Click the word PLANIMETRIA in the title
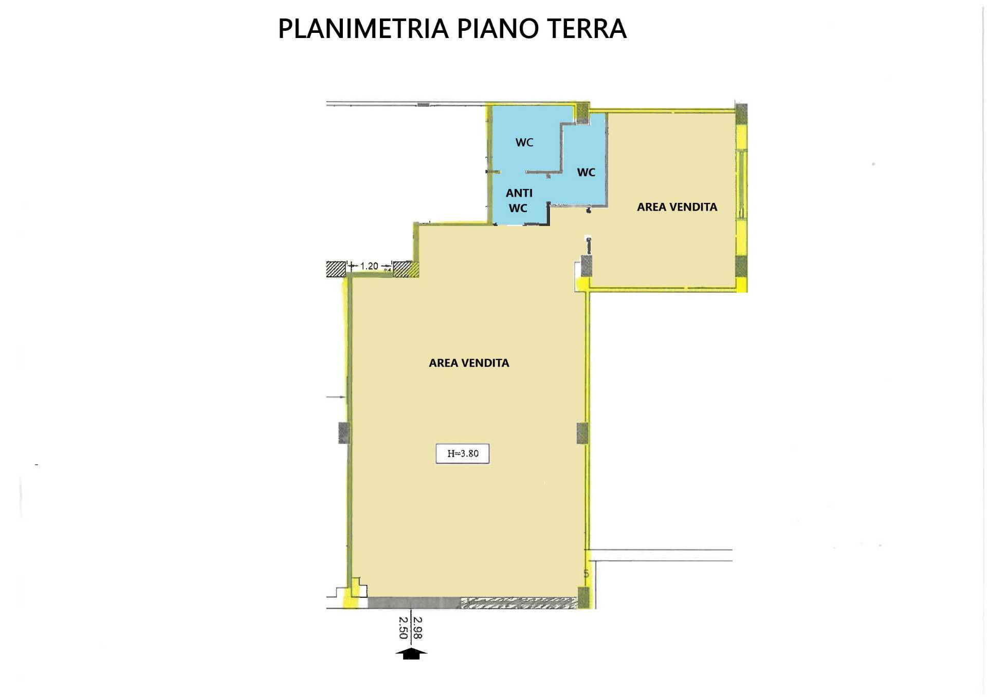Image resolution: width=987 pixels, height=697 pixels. [x=363, y=29]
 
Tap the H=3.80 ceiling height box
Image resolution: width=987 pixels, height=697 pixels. [x=463, y=454]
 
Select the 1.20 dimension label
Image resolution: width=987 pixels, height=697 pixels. [x=369, y=266]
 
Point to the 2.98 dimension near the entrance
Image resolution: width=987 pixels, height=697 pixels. [x=417, y=628]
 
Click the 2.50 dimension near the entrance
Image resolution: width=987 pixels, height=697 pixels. [x=404, y=628]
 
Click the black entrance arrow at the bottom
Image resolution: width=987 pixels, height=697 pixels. [x=411, y=653]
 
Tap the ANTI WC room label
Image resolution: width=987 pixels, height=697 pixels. [x=519, y=200]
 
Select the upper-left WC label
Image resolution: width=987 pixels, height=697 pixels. [x=524, y=142]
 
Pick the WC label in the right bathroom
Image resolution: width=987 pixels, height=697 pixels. [x=586, y=172]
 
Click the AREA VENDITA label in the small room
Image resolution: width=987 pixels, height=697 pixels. [x=677, y=206]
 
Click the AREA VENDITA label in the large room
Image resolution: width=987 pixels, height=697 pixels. [x=469, y=363]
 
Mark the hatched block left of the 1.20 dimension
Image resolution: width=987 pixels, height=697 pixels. [x=336, y=269]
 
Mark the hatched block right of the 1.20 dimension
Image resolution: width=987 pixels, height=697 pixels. [x=406, y=269]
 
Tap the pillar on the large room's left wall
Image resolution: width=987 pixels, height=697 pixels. [x=344, y=432]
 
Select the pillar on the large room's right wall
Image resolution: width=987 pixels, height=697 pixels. [x=582, y=432]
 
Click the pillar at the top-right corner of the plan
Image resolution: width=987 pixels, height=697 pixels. [x=741, y=114]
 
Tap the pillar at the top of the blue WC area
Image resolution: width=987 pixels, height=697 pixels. [x=582, y=113]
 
